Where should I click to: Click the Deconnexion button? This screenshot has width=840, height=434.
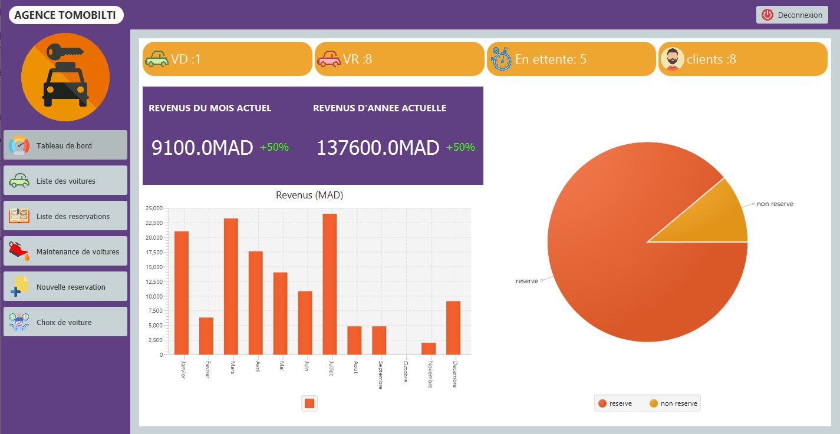(x=792, y=15)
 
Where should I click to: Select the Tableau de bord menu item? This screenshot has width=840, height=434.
(x=65, y=145)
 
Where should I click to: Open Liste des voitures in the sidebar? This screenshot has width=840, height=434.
(x=65, y=181)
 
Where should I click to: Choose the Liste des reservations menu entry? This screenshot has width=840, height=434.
(x=65, y=216)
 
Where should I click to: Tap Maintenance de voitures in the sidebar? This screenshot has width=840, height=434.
(x=65, y=251)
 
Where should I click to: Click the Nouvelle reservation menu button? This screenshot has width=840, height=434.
(x=65, y=287)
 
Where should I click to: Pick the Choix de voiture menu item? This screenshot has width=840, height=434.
(x=65, y=322)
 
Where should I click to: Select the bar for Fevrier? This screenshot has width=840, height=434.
(x=206, y=336)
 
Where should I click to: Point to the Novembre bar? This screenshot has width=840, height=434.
(x=429, y=349)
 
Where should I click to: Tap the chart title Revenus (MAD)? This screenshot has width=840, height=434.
(x=309, y=196)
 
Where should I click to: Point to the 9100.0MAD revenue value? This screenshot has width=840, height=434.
(x=202, y=148)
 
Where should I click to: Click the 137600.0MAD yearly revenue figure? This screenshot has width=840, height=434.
(x=378, y=148)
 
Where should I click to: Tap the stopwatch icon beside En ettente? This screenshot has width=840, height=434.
(x=500, y=59)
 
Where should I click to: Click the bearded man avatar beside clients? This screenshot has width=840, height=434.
(x=672, y=59)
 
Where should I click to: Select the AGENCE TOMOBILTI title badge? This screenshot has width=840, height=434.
(x=65, y=15)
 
